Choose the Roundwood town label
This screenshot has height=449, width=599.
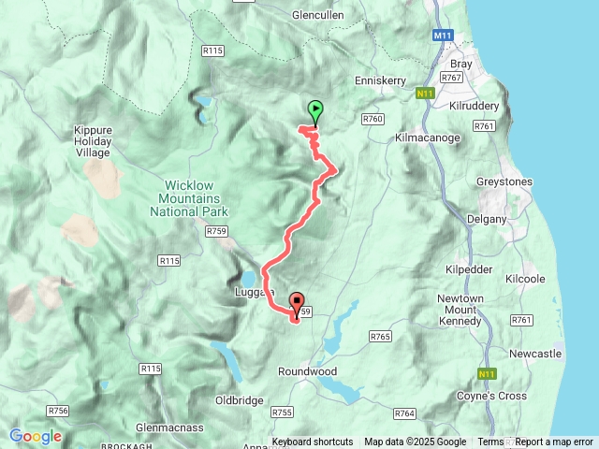point(307,371)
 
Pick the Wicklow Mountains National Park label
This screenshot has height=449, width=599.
point(188,198)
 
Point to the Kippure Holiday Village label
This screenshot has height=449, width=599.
point(93,142)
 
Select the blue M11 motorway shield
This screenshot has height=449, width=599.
point(443,36)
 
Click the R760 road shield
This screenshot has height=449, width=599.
point(373,119)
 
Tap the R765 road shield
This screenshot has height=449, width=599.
point(380,336)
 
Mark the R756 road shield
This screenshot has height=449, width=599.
point(58,411)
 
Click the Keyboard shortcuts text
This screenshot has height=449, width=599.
point(313,442)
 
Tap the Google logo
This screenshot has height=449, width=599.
point(36,436)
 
